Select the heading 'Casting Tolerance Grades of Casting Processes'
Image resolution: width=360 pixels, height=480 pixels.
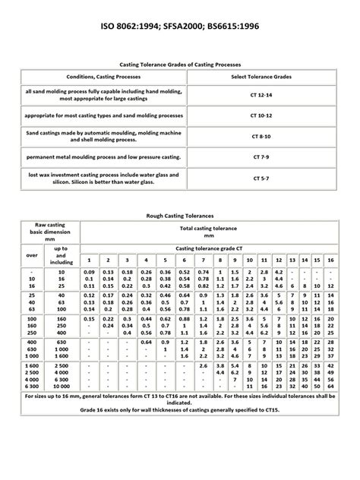[x=180, y=65]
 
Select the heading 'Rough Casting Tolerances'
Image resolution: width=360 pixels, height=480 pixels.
[x=180, y=215]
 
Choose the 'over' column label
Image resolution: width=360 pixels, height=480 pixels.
[x=31, y=256]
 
